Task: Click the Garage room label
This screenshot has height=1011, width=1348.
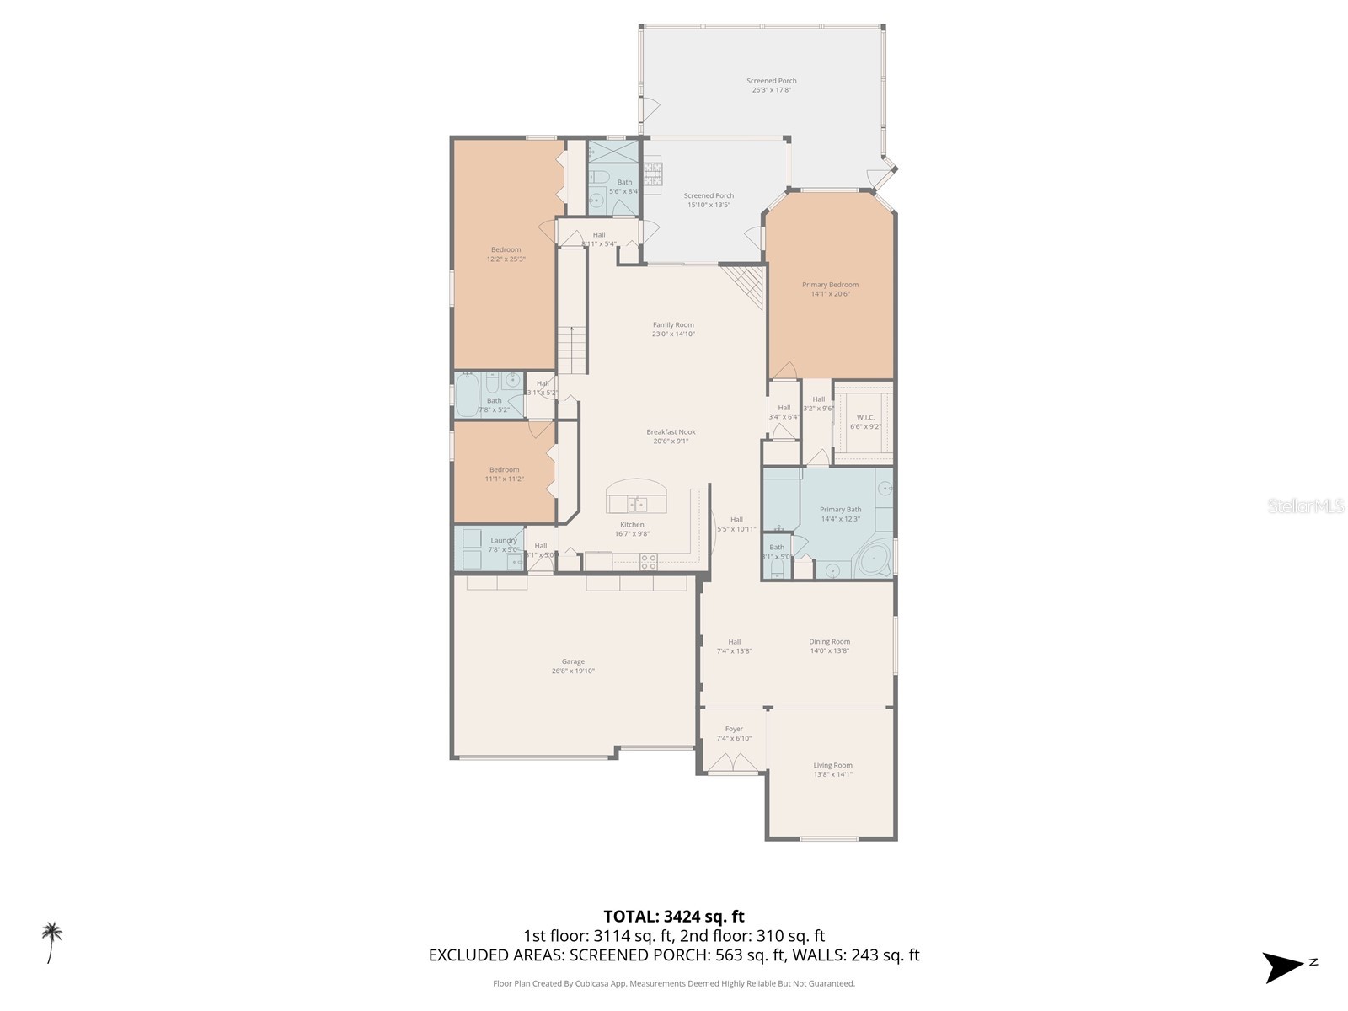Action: point(573,662)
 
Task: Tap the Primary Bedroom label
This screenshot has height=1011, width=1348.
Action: point(830,285)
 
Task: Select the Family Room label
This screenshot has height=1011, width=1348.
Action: point(673,325)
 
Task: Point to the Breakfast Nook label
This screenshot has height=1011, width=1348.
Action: point(671,432)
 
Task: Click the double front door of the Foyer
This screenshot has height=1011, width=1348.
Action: point(732,763)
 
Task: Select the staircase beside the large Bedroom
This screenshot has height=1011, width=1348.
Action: point(573,350)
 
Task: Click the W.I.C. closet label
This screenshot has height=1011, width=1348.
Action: point(865,418)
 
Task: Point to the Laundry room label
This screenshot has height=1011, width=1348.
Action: point(504,541)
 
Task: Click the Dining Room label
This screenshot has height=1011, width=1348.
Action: point(830,642)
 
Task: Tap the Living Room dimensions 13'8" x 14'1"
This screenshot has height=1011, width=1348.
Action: point(832,774)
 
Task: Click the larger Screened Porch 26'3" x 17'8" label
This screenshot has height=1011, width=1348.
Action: point(771,81)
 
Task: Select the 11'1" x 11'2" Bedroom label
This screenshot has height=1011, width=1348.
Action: point(504,470)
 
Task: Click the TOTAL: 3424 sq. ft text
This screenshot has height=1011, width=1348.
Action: point(673,917)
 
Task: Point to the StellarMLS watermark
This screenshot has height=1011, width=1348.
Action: point(1306,506)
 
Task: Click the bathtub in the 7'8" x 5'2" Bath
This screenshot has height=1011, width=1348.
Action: point(468,396)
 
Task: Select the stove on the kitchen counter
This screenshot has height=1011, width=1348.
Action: point(648,562)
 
